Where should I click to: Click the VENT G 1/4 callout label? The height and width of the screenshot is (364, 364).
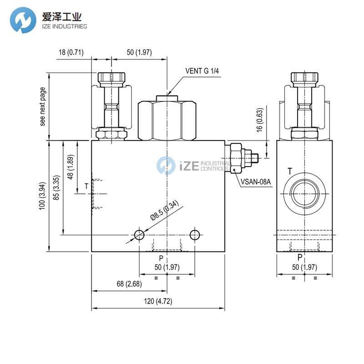(203, 71)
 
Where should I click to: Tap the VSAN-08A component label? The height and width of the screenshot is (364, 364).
(256, 182)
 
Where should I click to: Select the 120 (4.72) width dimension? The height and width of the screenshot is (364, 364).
(157, 301)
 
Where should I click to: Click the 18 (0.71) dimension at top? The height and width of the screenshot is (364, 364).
(71, 52)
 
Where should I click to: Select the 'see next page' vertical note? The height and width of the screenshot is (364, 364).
(43, 106)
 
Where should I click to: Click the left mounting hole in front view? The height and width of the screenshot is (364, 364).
(139, 235)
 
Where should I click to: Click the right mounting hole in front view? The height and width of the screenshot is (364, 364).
(195, 235)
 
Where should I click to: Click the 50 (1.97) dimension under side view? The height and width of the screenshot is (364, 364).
(304, 267)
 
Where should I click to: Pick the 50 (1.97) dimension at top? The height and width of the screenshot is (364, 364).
(139, 52)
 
